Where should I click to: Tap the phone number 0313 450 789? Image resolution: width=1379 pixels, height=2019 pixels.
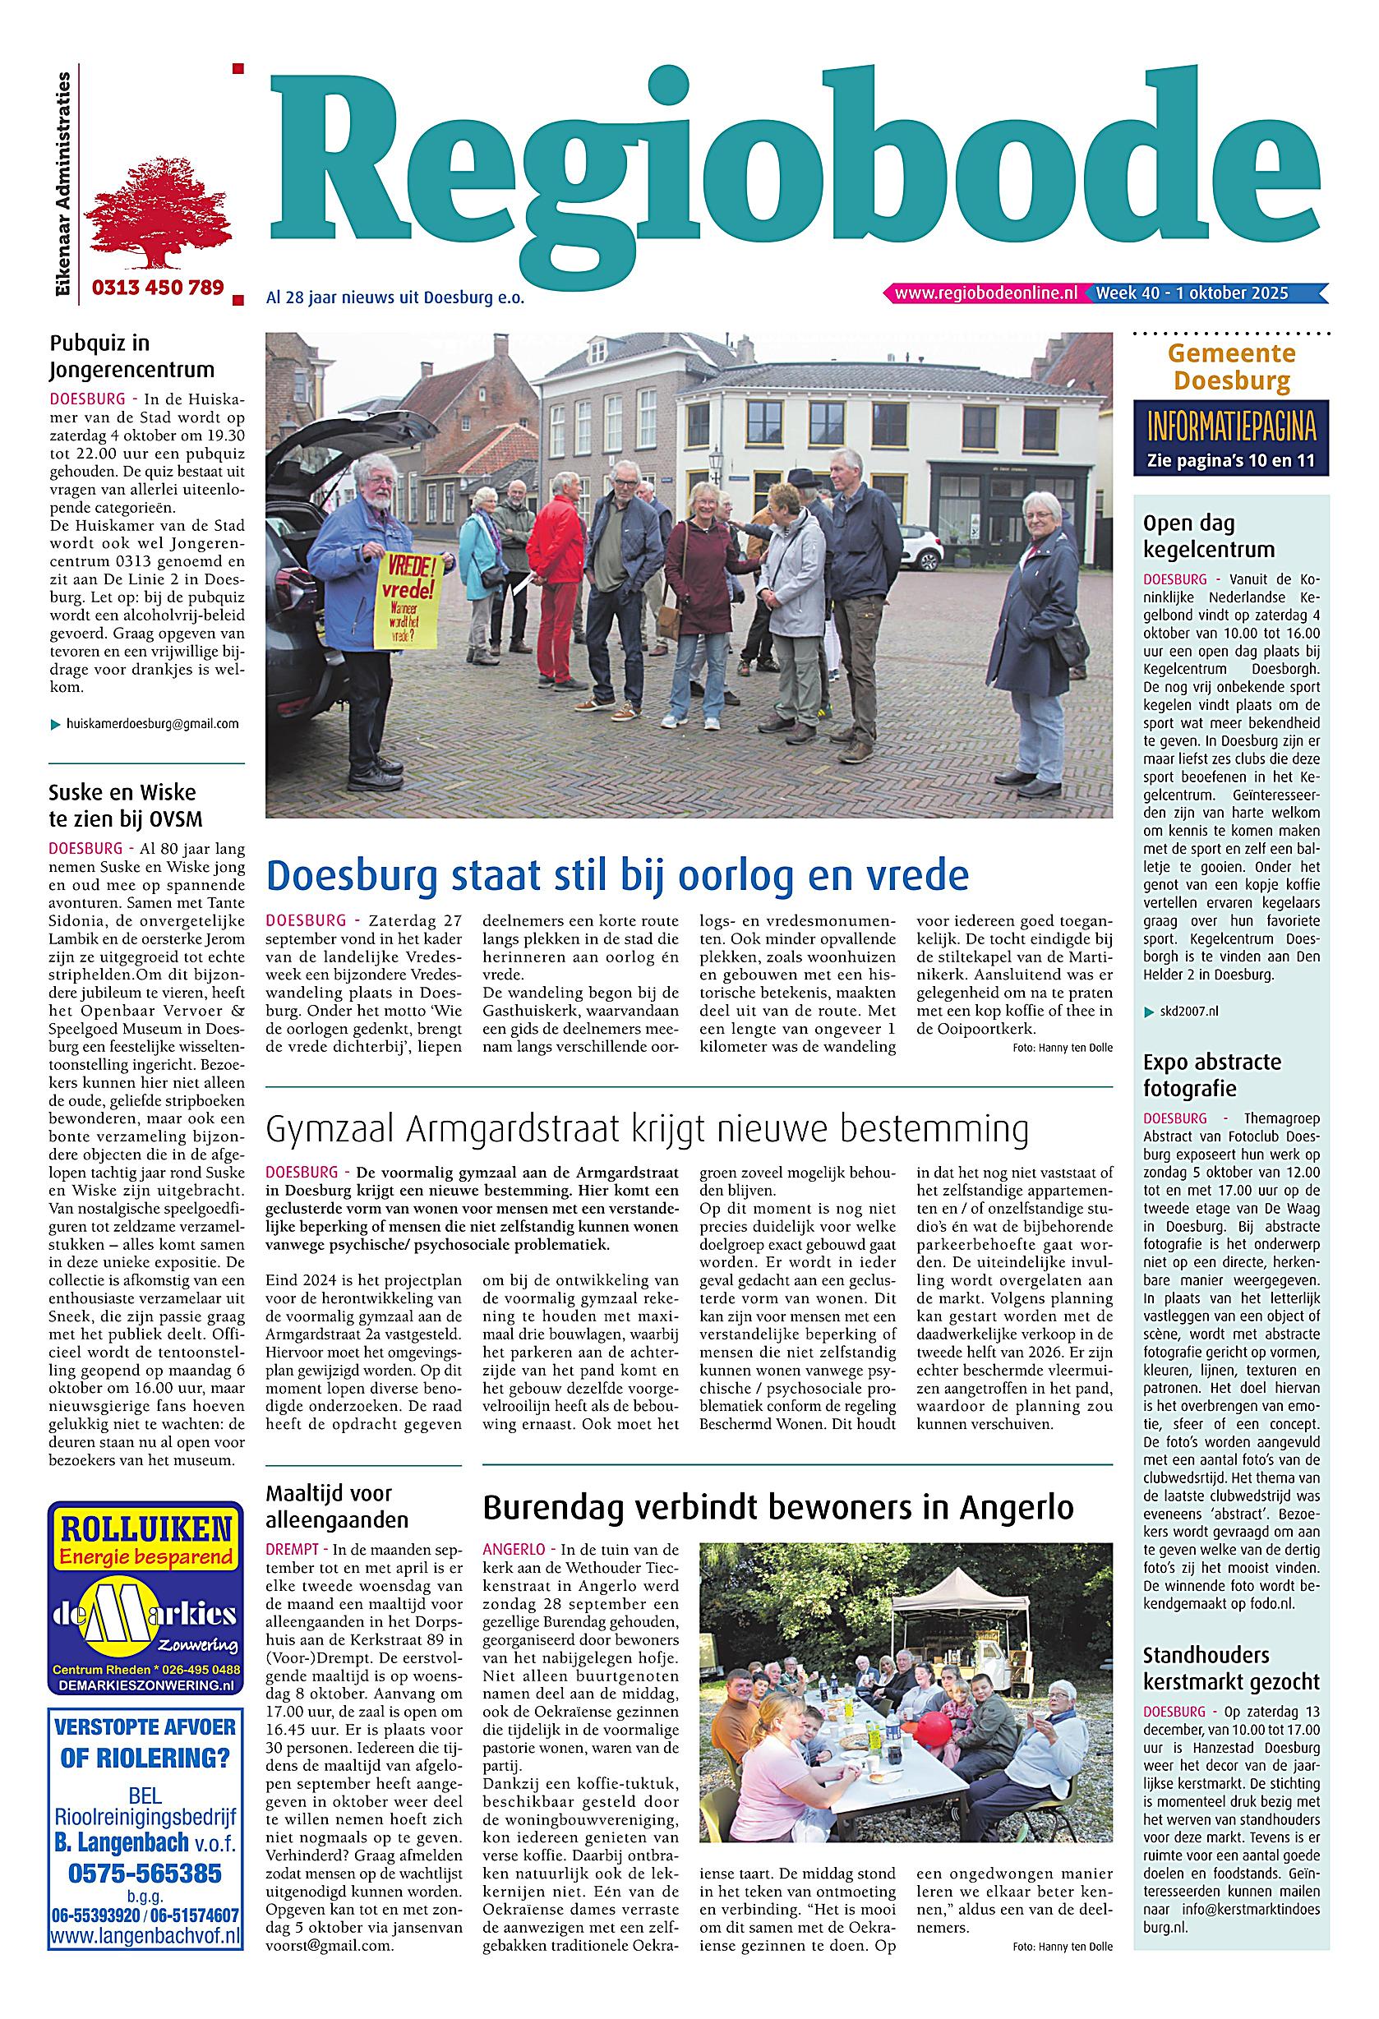pyautogui.click(x=157, y=287)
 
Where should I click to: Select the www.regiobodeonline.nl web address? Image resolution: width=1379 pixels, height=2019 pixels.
pyautogui.click(x=985, y=293)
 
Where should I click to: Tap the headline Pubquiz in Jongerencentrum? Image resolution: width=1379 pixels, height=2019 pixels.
pyautogui.click(x=131, y=356)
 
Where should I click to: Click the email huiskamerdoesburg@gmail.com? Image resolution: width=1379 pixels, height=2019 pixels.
pyautogui.click(x=152, y=724)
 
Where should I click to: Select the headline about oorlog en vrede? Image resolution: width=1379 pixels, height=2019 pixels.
pyautogui.click(x=617, y=875)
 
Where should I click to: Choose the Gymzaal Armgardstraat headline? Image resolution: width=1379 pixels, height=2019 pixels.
pyautogui.click(x=647, y=1129)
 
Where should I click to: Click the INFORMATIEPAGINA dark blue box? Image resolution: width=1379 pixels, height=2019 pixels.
pyautogui.click(x=1230, y=438)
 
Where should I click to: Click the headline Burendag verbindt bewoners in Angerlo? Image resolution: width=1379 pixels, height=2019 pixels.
pyautogui.click(x=777, y=1507)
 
